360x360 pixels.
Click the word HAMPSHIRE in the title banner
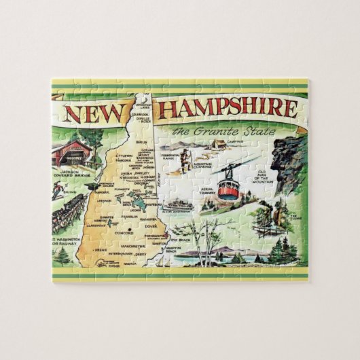click(x=225, y=109)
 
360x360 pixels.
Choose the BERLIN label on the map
click(x=142, y=142)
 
